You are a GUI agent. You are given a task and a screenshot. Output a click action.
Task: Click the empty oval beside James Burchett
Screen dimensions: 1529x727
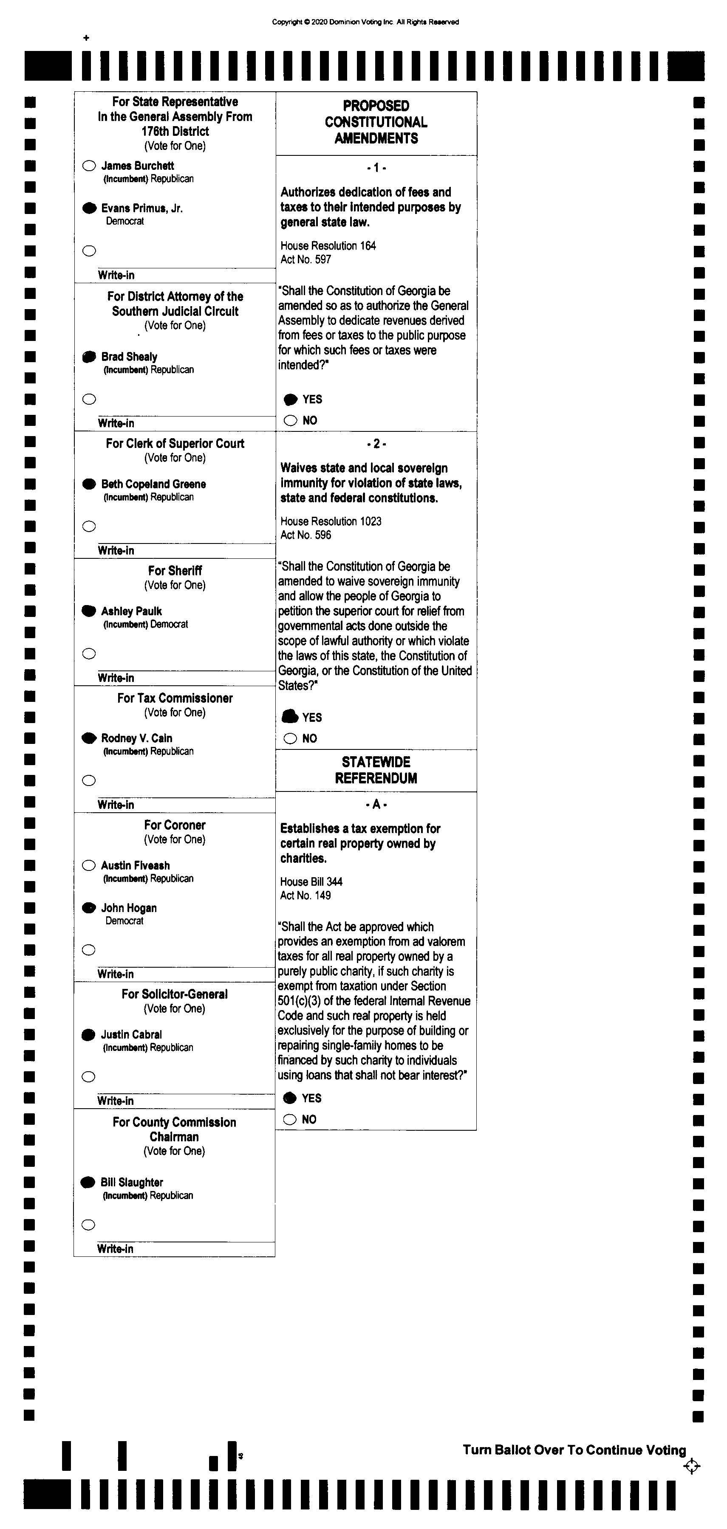89,166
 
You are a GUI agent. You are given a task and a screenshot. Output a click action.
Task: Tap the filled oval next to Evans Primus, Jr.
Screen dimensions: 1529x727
89,208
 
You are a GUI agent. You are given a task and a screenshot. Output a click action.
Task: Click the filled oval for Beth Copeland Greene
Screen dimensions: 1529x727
89,484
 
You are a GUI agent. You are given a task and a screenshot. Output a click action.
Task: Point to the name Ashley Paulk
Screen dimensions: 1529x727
131,611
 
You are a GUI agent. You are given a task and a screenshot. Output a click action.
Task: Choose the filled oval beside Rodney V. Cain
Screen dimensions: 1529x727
89,738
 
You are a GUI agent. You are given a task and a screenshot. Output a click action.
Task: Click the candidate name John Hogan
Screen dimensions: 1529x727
129,907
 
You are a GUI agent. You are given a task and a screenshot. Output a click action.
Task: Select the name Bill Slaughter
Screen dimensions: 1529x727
132,1182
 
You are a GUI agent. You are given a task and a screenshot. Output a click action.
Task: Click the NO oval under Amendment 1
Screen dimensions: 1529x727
291,420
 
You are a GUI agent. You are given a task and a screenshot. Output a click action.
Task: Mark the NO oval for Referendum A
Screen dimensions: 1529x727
290,1119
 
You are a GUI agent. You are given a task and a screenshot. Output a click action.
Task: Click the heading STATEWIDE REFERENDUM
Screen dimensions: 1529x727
376,770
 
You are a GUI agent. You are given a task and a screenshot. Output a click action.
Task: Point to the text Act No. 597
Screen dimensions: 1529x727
306,259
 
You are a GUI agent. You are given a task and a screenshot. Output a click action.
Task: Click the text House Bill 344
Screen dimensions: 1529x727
311,881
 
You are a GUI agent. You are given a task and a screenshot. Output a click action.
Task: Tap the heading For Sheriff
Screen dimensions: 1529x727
175,570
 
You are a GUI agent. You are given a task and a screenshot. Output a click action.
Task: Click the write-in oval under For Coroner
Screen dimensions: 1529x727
88,950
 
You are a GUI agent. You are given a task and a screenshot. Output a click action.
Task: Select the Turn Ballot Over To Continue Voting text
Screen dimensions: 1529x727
574,1450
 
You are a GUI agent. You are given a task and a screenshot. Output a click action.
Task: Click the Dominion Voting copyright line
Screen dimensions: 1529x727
365,22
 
